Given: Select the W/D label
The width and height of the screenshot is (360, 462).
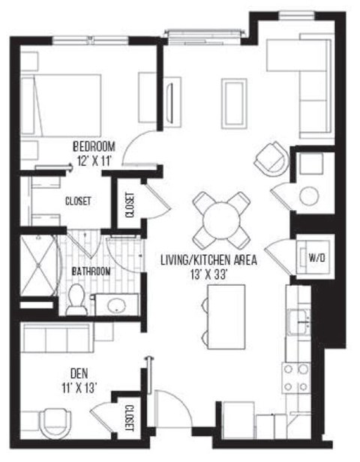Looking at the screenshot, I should pos(317,258).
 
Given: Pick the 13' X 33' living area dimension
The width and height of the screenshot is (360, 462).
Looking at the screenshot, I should pos(209,274).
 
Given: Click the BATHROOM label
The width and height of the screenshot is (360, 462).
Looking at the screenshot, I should pos(91,271).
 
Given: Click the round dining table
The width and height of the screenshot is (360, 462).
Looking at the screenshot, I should pos(220,218).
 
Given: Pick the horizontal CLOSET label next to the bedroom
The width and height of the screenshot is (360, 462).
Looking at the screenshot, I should pos(77,201).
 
